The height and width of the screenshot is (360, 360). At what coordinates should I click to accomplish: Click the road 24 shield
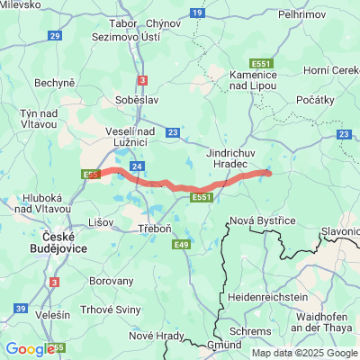137,166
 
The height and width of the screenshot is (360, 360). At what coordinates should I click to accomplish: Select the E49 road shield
183,244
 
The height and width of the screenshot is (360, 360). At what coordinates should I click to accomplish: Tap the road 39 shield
21,309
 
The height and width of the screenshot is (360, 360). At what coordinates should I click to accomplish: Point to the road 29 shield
55,35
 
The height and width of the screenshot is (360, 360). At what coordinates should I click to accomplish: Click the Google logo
30,349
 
